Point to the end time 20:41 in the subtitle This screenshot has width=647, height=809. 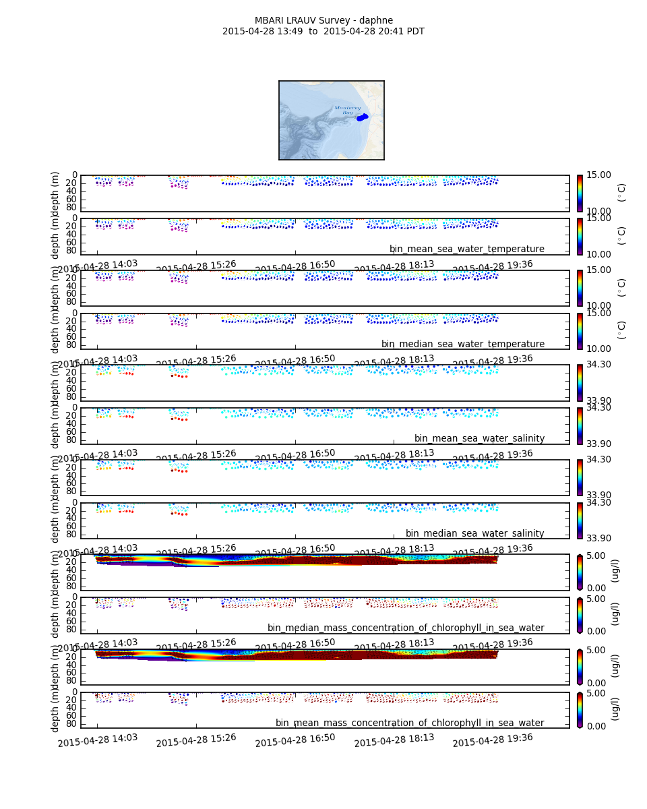point(380,32)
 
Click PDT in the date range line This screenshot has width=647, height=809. point(414,32)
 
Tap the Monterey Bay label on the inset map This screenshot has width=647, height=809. point(348,110)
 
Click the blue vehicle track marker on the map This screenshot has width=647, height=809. point(363,117)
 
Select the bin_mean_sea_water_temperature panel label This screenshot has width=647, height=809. point(466,249)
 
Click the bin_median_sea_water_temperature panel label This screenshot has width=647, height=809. point(462,344)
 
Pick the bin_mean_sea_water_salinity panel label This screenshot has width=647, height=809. point(479,439)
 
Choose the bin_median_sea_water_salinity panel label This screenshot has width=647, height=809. point(474,534)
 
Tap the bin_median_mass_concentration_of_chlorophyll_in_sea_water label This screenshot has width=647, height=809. point(406,628)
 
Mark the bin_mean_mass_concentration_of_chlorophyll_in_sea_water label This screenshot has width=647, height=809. point(410,723)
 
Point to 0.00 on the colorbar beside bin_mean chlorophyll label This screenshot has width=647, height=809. point(598,726)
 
